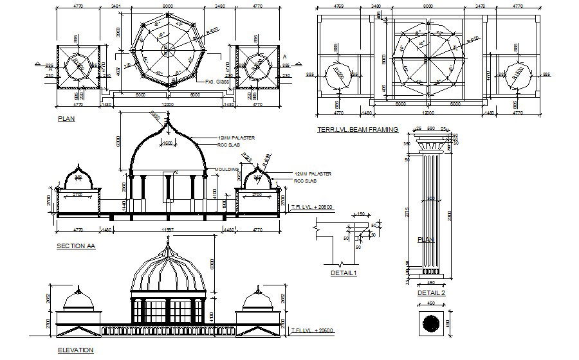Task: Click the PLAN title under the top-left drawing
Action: (66, 119)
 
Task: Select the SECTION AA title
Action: (76, 246)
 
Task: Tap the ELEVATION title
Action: (75, 350)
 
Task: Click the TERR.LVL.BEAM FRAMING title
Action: (357, 129)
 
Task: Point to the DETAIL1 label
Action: (344, 273)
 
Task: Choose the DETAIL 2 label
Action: (431, 292)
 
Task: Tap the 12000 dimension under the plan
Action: (167, 104)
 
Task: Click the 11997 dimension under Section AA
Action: (167, 229)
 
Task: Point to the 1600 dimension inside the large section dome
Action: (167, 143)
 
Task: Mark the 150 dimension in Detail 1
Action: (360, 214)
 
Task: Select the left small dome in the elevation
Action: (78, 299)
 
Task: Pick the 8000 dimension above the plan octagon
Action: (168, 6)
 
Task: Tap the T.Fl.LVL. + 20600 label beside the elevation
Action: (311, 330)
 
